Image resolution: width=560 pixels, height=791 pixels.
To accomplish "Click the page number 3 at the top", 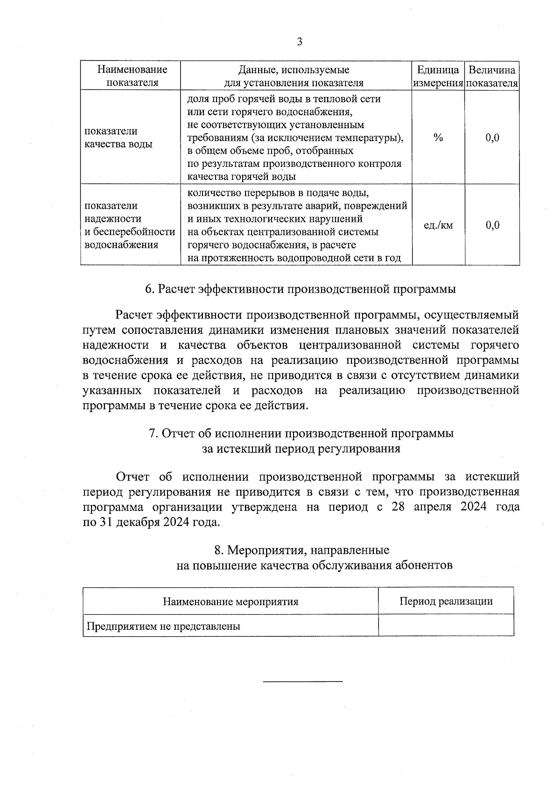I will [300, 42].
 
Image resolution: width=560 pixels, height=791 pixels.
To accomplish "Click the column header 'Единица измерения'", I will [438, 76].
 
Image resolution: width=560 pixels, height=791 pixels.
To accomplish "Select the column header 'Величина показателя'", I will [492, 76].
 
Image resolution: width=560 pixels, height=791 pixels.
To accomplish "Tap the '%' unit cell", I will [438, 138].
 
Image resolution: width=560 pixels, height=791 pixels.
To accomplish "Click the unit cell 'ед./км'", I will [438, 226].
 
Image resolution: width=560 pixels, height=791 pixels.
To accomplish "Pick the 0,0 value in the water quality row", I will [492, 138].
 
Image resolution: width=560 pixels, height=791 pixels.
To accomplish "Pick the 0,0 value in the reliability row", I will [492, 226].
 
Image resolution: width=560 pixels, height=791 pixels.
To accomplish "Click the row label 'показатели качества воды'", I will [119, 138].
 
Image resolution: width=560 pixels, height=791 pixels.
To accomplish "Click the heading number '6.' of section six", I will [150, 289].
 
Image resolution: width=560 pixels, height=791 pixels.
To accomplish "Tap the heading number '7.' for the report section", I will [153, 433].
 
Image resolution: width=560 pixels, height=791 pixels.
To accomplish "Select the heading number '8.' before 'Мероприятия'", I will [219, 550].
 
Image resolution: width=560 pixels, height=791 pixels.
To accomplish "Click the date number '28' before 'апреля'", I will [398, 507].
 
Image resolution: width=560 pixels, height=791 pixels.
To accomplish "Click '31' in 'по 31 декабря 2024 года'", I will [105, 522].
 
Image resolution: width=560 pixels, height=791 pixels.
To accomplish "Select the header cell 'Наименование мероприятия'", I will [231, 601].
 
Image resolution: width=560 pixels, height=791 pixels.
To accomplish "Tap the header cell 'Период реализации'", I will [446, 601].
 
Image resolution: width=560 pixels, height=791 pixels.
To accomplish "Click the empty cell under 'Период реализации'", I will [446, 626].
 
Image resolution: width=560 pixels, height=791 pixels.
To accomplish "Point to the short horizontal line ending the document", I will [303, 682].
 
